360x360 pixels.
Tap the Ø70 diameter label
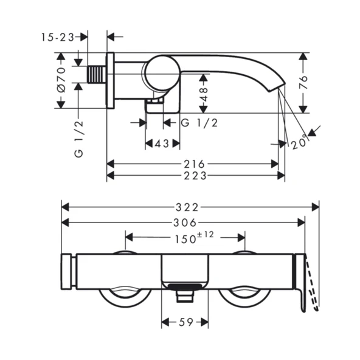[60, 80]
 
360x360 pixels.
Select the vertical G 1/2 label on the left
[78, 139]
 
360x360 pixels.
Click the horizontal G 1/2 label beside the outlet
[200, 122]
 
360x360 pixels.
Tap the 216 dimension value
[195, 164]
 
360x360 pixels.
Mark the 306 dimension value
[185, 223]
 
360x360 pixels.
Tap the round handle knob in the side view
[160, 74]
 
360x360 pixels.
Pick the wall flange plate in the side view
[110, 80]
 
